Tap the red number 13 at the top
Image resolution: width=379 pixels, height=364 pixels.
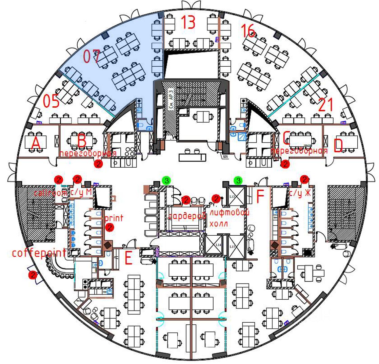coord(188,22)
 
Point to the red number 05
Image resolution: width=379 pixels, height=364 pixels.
coord(52,101)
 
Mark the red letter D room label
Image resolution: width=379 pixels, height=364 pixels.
coord(338,146)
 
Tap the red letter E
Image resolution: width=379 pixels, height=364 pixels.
coord(128,259)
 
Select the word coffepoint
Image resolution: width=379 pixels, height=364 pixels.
coord(39,253)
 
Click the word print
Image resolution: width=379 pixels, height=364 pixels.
coord(114,218)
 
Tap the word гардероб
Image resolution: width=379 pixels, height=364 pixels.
coord(187,216)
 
